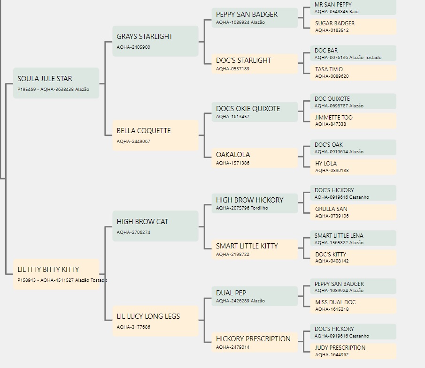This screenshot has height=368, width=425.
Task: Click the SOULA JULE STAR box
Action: point(56,83)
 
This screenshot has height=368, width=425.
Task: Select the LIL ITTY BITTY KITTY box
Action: point(56,274)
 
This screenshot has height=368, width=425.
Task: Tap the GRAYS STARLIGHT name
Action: point(145,37)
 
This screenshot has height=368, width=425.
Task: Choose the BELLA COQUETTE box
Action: point(155,135)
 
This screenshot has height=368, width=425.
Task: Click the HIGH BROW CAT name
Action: point(142,222)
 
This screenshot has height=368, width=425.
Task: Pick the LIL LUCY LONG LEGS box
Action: point(155,321)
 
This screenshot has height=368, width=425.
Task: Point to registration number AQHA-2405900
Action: point(133,47)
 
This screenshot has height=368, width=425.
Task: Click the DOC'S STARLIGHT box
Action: point(255,64)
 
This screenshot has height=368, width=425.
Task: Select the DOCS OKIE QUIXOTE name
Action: point(248,109)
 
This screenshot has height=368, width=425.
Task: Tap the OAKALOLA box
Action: point(255,158)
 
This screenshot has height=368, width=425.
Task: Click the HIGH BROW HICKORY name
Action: point(250,200)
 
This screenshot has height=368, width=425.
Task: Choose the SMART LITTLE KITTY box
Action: point(255,249)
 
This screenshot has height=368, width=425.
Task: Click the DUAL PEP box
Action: point(255,296)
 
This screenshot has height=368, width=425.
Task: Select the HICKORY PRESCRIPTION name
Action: point(253,339)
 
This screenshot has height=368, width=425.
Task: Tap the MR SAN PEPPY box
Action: point(353,8)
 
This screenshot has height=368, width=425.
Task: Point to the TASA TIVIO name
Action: point(329,69)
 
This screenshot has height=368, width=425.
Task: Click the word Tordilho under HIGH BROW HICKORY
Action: point(259,208)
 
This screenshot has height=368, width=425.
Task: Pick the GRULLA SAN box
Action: point(353,212)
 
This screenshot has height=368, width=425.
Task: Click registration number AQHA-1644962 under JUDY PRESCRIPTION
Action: point(332,355)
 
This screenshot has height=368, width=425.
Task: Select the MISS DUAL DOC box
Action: point(353,306)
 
